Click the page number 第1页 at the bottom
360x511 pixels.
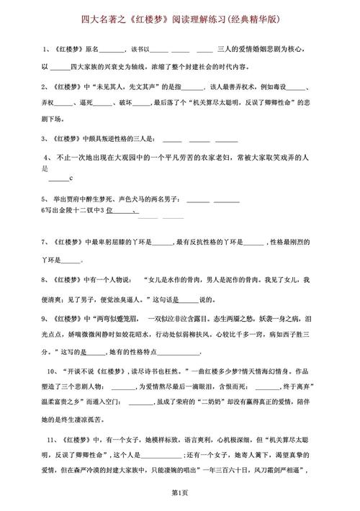pos(180,493)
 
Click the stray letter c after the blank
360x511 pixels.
pos(72,178)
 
